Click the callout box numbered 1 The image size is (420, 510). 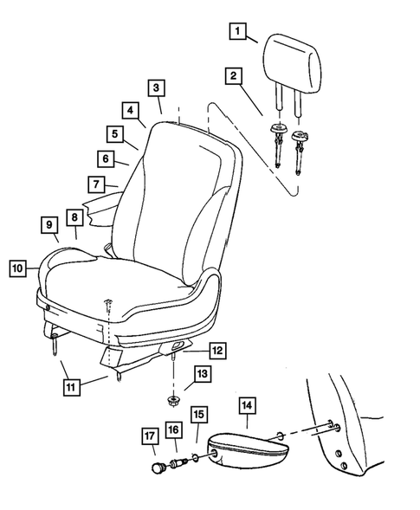[236, 32]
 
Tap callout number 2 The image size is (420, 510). [232, 76]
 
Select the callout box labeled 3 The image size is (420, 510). [155, 87]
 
